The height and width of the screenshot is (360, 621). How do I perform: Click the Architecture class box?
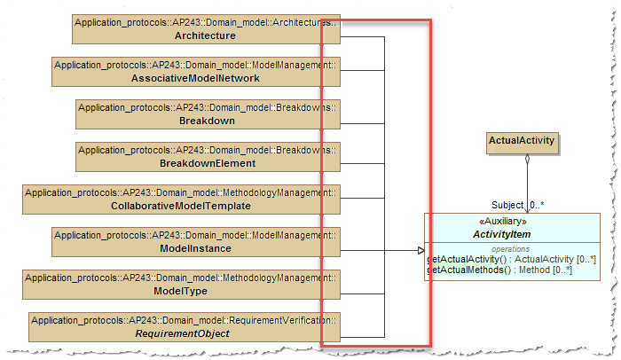point(206,28)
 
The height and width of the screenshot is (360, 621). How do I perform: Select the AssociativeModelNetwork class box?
point(206,71)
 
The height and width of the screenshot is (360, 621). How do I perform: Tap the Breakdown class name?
point(207,121)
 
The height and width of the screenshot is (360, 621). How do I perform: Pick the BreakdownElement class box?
point(208,156)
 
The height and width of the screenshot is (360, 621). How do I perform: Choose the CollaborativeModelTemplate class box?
point(181,199)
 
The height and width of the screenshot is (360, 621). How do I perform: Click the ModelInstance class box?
point(195,241)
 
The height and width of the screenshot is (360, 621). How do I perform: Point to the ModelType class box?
point(181,284)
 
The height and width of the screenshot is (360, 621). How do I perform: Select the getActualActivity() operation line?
point(511,259)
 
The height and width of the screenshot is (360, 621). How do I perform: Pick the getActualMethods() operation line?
point(499,269)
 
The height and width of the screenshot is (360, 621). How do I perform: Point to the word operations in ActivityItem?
point(511,249)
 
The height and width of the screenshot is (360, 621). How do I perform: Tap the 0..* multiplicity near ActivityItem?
point(538,205)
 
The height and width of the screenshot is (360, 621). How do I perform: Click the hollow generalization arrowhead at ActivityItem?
point(421,251)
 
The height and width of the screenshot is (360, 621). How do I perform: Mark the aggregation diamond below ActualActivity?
point(527,160)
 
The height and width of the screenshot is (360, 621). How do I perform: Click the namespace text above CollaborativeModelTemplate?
point(181,192)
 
